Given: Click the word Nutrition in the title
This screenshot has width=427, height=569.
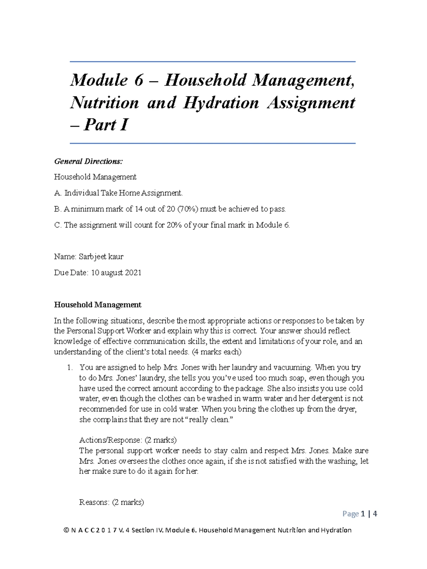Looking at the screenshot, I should [104, 103].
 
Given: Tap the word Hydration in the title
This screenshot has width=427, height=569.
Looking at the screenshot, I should [221, 103].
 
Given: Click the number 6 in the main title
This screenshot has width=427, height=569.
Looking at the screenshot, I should [138, 80].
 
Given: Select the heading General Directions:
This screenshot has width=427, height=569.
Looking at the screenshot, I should [88, 161].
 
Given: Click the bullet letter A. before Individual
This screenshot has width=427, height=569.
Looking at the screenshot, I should [58, 193].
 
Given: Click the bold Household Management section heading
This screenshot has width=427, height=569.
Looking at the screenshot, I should [97, 305].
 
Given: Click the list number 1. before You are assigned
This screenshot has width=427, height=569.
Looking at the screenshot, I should [70, 367].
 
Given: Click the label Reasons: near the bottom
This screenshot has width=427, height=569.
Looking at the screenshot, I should [94, 502].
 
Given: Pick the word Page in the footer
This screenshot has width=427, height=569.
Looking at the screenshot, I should [350, 514].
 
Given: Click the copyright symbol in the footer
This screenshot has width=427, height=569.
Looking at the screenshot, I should [66, 530].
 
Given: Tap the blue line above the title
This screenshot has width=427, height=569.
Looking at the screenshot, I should [212, 62].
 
